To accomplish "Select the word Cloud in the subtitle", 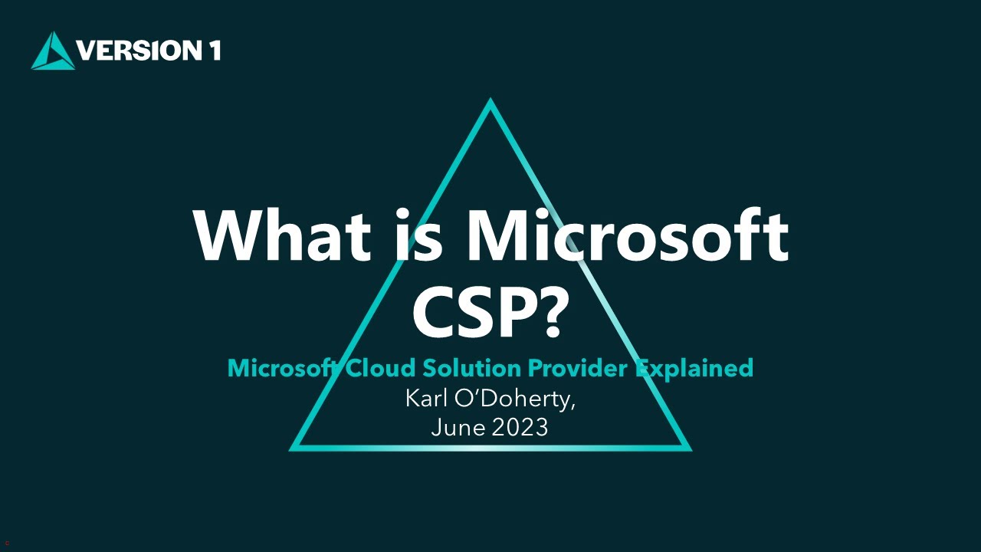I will point(379,369).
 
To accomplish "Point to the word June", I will point(458,427).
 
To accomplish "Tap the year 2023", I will point(520,427).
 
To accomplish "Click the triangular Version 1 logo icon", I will point(53,51).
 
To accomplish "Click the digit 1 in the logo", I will point(214,51).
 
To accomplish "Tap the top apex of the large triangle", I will point(490,102).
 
